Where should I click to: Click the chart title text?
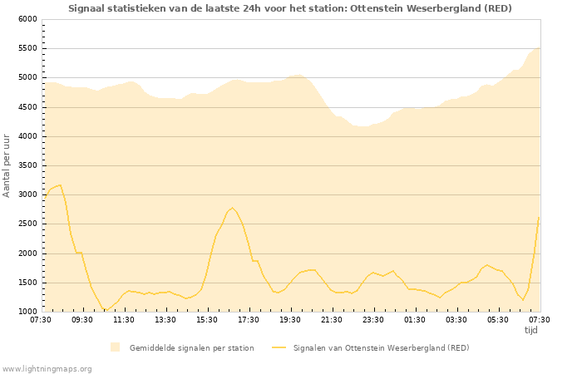(x=290, y=8)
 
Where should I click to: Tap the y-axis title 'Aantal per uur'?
(x=7, y=165)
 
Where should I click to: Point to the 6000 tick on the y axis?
(x=27, y=19)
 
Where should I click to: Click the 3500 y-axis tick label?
(x=27, y=165)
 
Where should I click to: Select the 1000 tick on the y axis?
(x=27, y=312)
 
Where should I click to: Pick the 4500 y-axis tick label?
(x=27, y=107)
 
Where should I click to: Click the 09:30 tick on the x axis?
(x=82, y=319)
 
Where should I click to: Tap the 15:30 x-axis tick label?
(x=207, y=319)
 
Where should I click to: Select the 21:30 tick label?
(x=332, y=319)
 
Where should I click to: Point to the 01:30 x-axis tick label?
(x=415, y=319)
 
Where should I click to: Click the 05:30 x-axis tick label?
(x=498, y=319)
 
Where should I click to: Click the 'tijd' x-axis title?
(x=530, y=330)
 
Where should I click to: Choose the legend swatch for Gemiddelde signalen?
(x=115, y=347)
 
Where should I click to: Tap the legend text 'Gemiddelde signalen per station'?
(x=191, y=348)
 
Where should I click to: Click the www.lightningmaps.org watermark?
(x=47, y=368)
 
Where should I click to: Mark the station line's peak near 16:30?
(x=232, y=208)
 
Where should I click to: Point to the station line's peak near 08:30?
(x=60, y=185)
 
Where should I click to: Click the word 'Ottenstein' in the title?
(x=363, y=8)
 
